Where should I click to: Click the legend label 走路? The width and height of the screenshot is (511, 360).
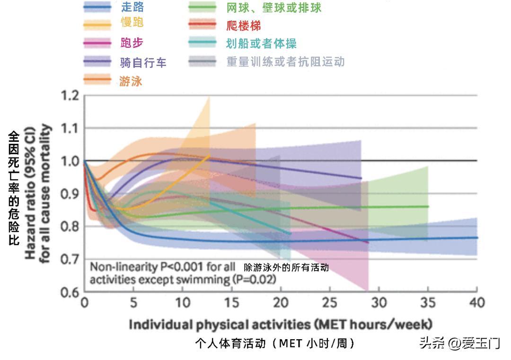pyautogui.click(x=132, y=7)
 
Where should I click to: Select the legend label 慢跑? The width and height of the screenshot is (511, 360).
pyautogui.click(x=132, y=23)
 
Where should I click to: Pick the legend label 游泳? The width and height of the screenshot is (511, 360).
pyautogui.click(x=131, y=81)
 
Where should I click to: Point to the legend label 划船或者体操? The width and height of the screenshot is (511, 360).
pyautogui.click(x=261, y=44)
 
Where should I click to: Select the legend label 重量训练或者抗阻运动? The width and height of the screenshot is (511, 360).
pyautogui.click(x=285, y=62)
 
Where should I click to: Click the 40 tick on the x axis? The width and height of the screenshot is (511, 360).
pyautogui.click(x=476, y=302)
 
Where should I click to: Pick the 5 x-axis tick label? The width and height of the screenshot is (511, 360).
pyautogui.click(x=133, y=302)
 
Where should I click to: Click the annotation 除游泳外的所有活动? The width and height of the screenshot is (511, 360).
pyautogui.click(x=286, y=268)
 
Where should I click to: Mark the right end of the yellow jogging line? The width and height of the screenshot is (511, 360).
pyautogui.click(x=210, y=156)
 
